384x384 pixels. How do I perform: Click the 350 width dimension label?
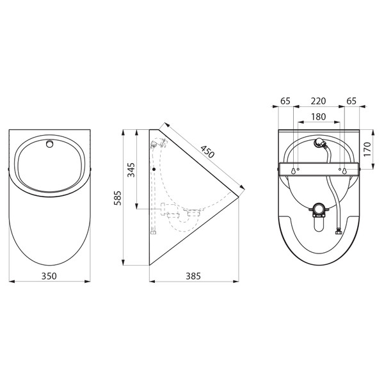(49, 276)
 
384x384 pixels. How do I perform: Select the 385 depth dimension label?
(193, 276)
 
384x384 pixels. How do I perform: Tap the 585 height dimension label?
(118, 198)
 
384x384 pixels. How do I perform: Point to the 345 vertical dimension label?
(131, 170)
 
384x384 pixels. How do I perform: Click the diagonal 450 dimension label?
(207, 152)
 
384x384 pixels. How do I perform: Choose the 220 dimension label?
(318, 101)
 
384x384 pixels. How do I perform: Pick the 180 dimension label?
(318, 116)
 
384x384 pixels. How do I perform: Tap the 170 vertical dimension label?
(367, 150)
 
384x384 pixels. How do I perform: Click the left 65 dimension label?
(285, 101)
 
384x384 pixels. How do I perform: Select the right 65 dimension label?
(351, 101)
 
